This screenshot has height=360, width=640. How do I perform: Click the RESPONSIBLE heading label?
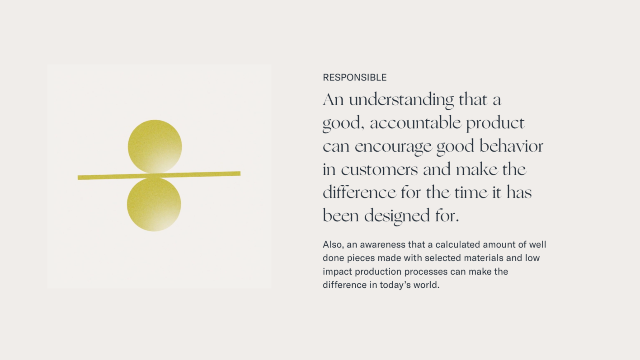tap(354, 77)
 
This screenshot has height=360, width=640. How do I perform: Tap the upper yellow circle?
tap(155, 147)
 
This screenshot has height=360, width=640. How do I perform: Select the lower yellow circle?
tap(154, 205)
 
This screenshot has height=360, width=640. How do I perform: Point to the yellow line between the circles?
tap(159, 175)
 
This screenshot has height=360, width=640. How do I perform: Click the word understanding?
tap(401, 100)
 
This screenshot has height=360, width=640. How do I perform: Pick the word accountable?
tap(415, 123)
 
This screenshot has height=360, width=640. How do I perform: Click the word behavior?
tap(511, 146)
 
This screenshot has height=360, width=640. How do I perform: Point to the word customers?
tap(379, 169)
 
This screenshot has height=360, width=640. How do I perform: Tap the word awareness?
tap(382, 245)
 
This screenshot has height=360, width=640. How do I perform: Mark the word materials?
tap(484, 258)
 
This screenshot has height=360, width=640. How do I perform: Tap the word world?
tap(426, 285)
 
